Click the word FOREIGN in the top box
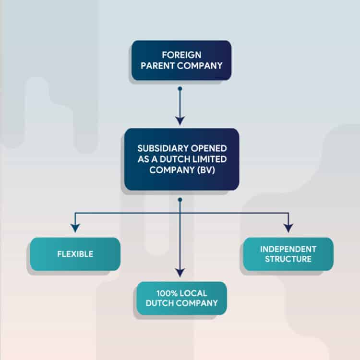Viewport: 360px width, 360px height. (x=181, y=55)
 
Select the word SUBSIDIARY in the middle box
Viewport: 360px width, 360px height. (x=163, y=148)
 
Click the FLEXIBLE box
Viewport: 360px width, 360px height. (x=75, y=254)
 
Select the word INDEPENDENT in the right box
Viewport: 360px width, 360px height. (x=288, y=249)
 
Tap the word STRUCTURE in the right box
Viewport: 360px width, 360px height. (x=288, y=259)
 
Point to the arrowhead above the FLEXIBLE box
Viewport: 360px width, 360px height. (x=75, y=228)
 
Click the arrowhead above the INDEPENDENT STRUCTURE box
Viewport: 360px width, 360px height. (x=288, y=228)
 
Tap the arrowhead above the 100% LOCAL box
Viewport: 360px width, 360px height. (x=180, y=272)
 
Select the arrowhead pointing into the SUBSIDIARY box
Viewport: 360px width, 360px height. (x=180, y=121)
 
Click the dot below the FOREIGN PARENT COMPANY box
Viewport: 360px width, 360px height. (x=180, y=89)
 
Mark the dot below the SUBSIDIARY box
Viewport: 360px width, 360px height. (x=180, y=200)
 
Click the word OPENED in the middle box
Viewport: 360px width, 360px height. (x=209, y=148)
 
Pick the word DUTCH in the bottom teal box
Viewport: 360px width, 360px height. (x=160, y=303)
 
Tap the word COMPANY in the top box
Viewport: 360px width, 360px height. (x=200, y=66)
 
